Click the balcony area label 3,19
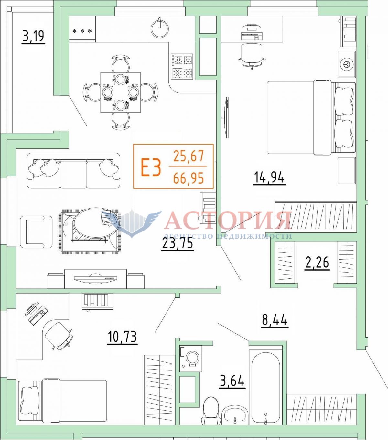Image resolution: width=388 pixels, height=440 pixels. pyautogui.click(x=33, y=37)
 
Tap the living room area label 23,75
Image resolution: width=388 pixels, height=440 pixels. pyautogui.click(x=177, y=243)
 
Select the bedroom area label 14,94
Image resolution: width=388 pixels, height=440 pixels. pyautogui.click(x=269, y=178)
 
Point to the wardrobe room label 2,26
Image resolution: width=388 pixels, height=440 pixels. pyautogui.click(x=317, y=262)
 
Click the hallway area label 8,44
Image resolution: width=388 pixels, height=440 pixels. pyautogui.click(x=275, y=320)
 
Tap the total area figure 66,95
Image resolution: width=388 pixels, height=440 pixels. pyautogui.click(x=189, y=178)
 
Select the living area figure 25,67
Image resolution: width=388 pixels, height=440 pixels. pyautogui.click(x=189, y=156)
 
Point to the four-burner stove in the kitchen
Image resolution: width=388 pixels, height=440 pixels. pyautogui.click(x=182, y=66)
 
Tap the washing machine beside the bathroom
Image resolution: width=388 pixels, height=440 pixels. pyautogui.click(x=191, y=358)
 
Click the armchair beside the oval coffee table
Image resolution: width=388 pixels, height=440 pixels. pyautogui.click(x=36, y=232)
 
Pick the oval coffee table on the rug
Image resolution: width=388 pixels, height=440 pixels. pyautogui.click(x=96, y=223)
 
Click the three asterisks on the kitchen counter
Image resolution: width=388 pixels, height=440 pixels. pyautogui.click(x=82, y=31)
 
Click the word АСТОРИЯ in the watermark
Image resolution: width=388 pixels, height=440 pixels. pyautogui.click(x=228, y=221)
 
